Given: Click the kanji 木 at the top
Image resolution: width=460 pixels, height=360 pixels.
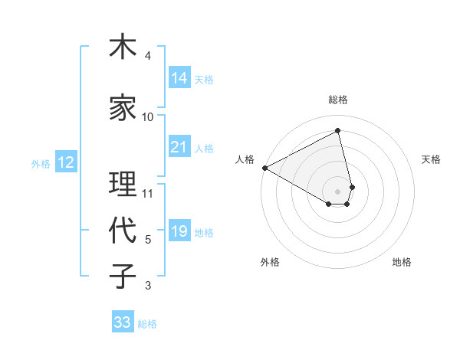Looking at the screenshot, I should point(122,47).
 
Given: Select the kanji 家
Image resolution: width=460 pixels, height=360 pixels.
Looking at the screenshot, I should point(122,109).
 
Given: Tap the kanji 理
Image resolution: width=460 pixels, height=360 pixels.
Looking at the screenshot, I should point(122,185).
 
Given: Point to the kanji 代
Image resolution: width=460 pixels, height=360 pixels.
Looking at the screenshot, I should point(122,231).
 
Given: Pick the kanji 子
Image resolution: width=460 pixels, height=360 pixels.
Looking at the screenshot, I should point(122,277).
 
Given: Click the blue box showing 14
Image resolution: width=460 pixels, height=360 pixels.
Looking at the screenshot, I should point(179,78).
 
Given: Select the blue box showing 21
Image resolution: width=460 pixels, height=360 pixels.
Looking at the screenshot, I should point(179,147).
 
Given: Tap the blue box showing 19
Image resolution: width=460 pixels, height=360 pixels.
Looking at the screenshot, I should point(179,231).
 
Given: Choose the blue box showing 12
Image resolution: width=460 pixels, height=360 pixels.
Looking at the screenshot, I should point(65,162).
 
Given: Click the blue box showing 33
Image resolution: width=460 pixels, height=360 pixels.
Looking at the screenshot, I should point(123,322).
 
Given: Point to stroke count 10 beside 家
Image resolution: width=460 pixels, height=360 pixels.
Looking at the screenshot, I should point(148,116).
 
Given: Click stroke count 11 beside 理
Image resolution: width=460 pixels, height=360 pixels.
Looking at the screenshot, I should point(148,193).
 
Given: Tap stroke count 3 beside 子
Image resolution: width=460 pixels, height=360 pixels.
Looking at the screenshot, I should point(148,286).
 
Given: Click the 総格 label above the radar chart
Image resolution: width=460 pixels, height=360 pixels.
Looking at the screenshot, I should point(338,100).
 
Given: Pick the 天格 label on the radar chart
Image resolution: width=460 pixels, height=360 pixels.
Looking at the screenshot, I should point(431,159).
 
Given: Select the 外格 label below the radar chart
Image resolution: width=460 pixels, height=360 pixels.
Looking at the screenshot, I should point(270,262).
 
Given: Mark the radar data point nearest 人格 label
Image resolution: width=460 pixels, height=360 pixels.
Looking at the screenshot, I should point(264,168).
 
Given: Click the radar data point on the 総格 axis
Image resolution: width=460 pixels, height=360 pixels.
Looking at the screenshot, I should point(338,131).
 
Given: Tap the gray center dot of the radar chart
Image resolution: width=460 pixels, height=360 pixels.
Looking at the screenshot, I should point(338,190).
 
